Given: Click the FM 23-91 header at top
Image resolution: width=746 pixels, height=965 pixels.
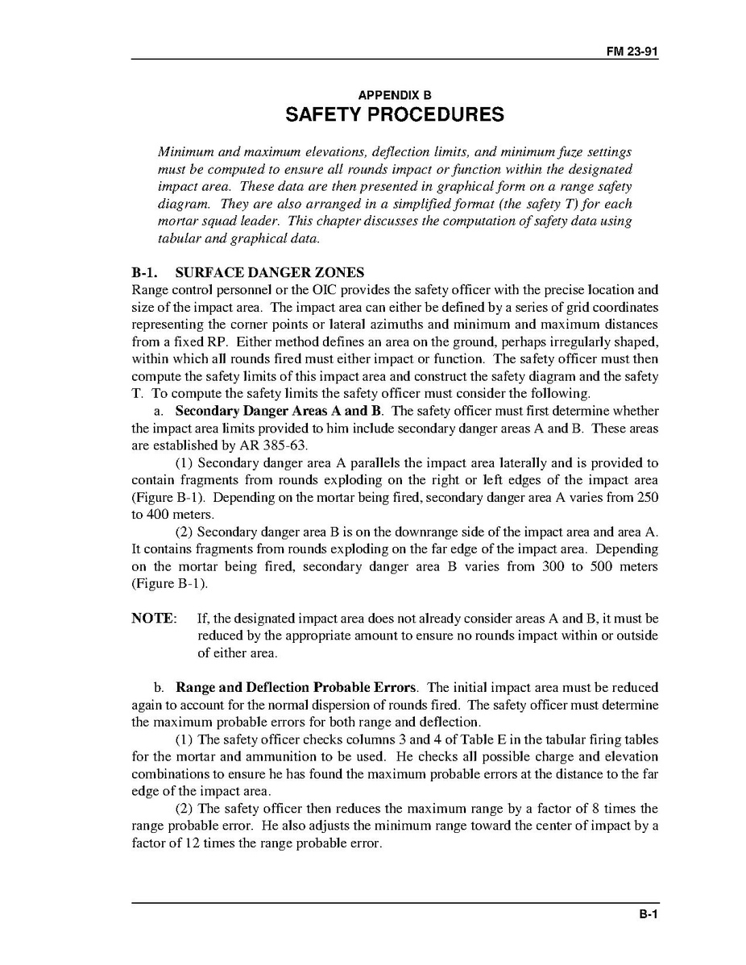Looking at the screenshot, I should [632, 50].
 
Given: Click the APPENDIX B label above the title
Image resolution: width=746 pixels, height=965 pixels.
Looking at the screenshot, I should [395, 95].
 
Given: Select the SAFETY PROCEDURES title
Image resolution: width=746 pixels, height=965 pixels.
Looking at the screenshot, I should [395, 114].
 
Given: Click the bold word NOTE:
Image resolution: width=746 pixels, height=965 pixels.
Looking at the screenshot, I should [153, 618].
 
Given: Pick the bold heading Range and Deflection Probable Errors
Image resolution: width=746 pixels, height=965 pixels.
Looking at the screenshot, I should [296, 688].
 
